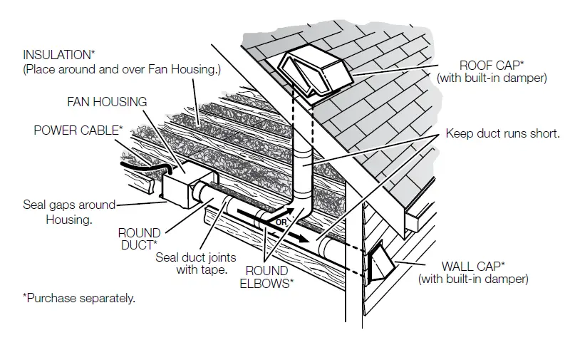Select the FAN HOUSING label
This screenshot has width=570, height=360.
click(x=107, y=102)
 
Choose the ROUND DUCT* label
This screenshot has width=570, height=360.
click(x=139, y=238)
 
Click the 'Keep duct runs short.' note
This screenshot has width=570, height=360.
click(x=502, y=133)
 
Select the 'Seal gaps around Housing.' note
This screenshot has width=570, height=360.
click(x=69, y=212)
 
